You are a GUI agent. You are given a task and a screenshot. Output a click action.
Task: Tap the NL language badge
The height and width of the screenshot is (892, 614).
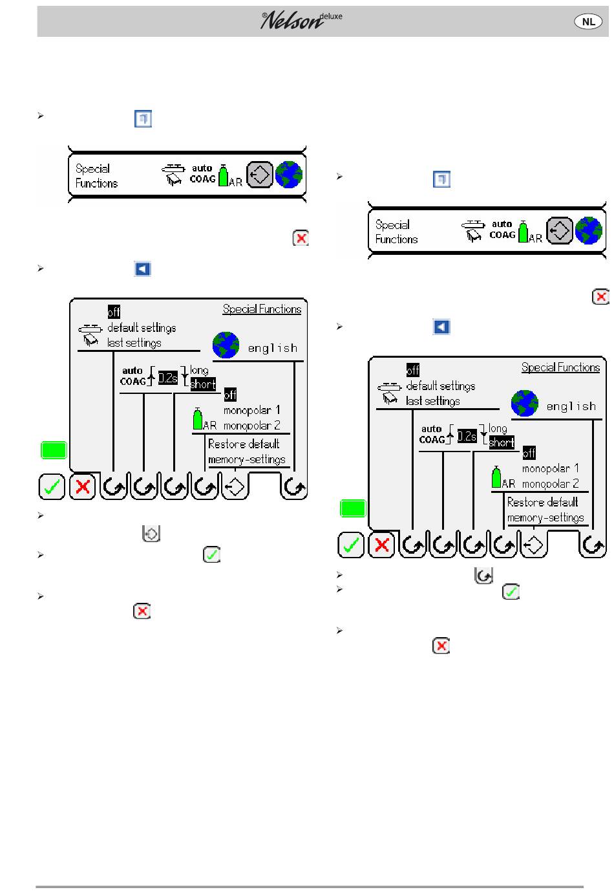pyautogui.click(x=588, y=21)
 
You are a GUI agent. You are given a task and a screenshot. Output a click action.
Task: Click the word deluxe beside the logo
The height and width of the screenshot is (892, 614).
pyautogui.click(x=331, y=16)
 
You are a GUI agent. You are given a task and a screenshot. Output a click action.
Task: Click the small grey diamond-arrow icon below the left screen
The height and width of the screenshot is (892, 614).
pyautogui.click(x=151, y=533)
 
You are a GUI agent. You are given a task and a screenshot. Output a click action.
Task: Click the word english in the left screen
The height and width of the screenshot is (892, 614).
pyautogui.click(x=273, y=348)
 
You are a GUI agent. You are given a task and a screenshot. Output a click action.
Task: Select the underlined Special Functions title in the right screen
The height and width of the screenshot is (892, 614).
pyautogui.click(x=560, y=367)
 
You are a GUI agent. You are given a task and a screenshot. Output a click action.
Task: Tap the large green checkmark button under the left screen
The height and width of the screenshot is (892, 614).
pyautogui.click(x=52, y=486)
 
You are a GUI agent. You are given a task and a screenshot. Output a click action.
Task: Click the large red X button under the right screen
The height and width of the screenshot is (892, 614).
pyautogui.click(x=381, y=545)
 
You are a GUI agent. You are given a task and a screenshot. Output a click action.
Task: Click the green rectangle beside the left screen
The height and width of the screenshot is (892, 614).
pyautogui.click(x=54, y=450)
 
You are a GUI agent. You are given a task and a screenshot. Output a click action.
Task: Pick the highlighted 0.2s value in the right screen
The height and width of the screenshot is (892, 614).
pyautogui.click(x=467, y=436)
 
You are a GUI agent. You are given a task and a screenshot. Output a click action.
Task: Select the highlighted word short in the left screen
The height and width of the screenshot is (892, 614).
pyautogui.click(x=203, y=384)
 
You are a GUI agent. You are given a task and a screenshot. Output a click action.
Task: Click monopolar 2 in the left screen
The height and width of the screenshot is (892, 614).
pyautogui.click(x=251, y=425)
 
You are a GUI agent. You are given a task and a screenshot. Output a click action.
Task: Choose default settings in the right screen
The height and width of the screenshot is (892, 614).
pyautogui.click(x=441, y=386)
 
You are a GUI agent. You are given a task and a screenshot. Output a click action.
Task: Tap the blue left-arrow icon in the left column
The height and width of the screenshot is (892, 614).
pyautogui.click(x=142, y=269)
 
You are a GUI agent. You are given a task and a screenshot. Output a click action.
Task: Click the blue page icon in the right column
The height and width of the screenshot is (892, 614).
pyautogui.click(x=441, y=179)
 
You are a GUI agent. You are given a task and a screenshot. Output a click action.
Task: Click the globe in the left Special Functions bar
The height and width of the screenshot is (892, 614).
pyautogui.click(x=289, y=175)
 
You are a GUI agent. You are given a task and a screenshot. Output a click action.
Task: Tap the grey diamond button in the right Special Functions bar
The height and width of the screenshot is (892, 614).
pyautogui.click(x=559, y=230)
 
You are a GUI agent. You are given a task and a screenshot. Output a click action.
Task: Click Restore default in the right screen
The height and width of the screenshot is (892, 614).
pyautogui.click(x=542, y=502)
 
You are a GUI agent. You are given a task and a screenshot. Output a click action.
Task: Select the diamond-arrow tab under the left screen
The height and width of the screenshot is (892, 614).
pyautogui.click(x=235, y=486)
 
